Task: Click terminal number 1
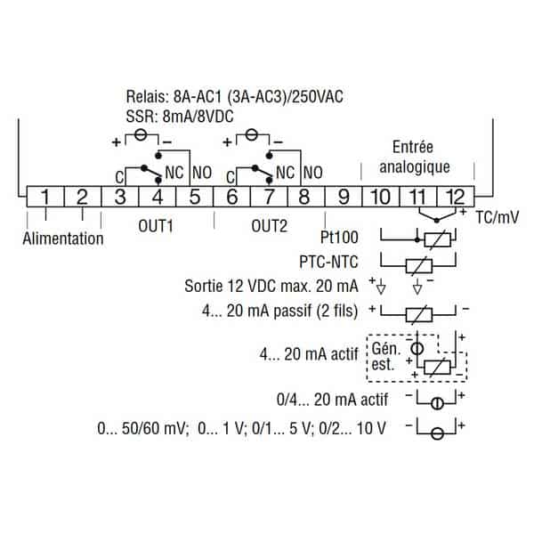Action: coord(45,197)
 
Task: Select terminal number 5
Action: coord(194,197)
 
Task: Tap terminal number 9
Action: coord(344,197)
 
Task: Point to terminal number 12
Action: coord(456,197)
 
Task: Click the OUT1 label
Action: coord(156,226)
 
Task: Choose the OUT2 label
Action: coord(270,226)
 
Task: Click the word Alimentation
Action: coord(63,239)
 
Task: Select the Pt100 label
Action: coord(339,238)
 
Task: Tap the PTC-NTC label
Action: coord(328,262)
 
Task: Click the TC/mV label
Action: coord(498,217)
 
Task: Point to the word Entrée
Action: coord(413,147)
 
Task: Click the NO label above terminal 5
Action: coord(202,173)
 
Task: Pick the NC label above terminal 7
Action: coord(286,173)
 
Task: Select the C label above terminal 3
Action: coord(119,177)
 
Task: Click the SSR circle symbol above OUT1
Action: coord(141,135)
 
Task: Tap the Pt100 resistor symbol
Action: coord(437,240)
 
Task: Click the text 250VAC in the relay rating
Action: coord(318,97)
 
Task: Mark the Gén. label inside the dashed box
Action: coord(386,349)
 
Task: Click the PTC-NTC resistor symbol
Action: coord(419,265)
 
